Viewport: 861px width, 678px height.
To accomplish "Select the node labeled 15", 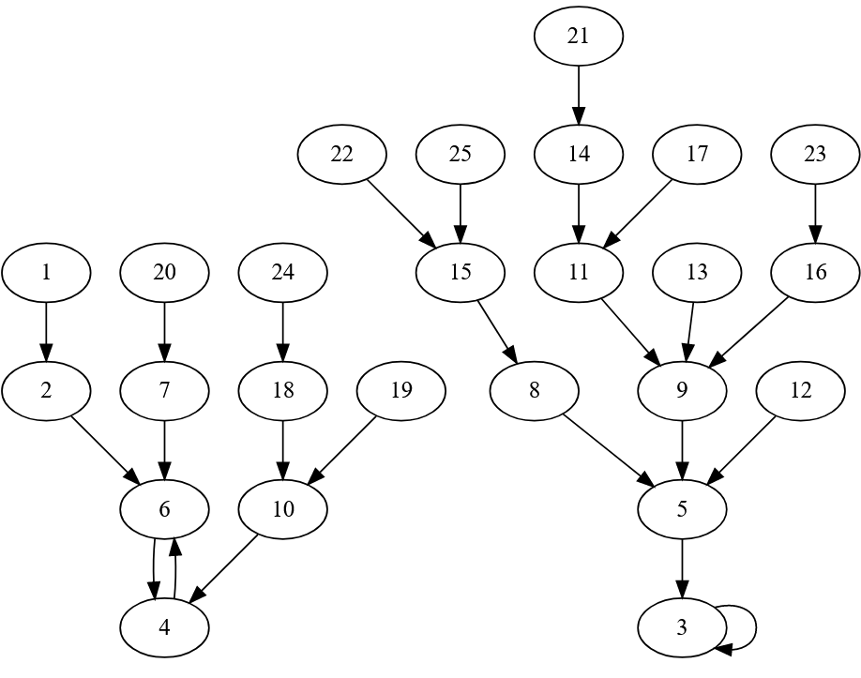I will coord(460,272).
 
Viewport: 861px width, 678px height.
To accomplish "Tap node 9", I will coord(682,390).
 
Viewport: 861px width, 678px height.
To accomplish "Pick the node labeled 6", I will coord(164,509).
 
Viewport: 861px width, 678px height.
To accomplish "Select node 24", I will coord(282,272).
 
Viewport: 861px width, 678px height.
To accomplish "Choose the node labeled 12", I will coord(800,390).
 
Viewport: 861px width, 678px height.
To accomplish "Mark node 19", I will coord(400,390).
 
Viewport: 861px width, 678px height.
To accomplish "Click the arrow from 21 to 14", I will coord(579,95).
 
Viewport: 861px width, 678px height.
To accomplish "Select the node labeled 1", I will coord(46,272).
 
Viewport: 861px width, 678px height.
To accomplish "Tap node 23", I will coord(815,154).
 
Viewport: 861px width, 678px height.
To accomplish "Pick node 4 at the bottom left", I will coord(164,627).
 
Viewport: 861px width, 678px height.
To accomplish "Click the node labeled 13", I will coord(697,272).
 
